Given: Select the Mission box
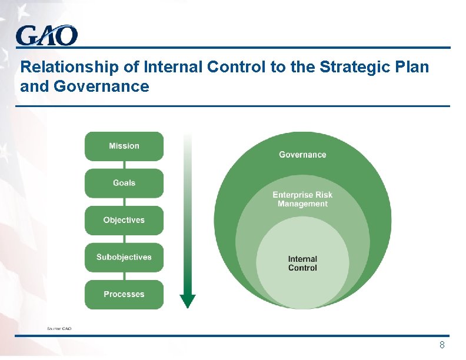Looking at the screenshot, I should (124, 146).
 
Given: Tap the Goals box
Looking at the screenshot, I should (124, 183).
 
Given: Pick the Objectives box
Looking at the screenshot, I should (124, 220).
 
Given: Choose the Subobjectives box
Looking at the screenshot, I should (124, 257).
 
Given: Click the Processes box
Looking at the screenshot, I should (124, 294).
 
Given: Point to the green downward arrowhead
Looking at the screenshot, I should (188, 301).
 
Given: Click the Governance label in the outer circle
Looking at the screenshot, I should (302, 155).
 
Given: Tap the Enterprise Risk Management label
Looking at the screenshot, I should (302, 199).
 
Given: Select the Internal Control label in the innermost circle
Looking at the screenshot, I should (302, 263).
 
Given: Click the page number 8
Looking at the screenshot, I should (442, 345).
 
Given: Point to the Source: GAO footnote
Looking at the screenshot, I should (59, 328).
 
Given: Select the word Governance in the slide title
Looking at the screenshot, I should (101, 87).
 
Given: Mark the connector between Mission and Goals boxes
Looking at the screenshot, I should (124, 165).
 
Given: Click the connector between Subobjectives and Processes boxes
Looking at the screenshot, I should (124, 276).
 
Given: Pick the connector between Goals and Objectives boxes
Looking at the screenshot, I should (124, 202).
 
